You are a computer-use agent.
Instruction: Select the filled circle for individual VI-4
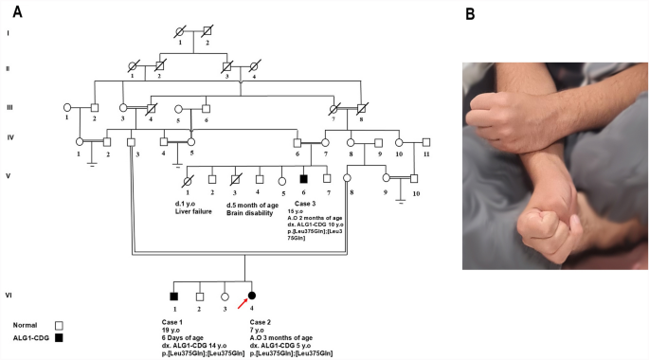point(253,295)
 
